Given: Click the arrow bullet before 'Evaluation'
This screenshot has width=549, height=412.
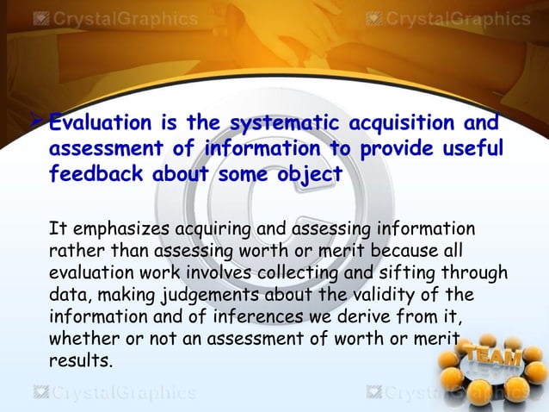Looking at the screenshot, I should [38, 125].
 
